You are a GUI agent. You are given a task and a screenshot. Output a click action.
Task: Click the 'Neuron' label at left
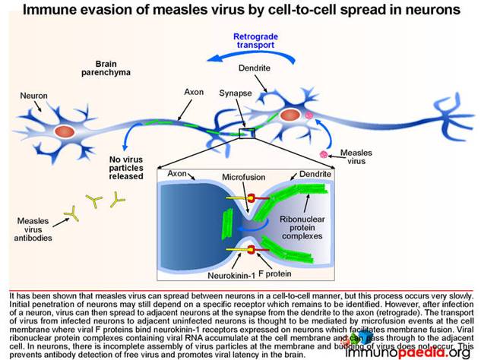[x=33, y=96]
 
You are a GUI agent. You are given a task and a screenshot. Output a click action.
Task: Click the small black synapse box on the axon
[x=246, y=134]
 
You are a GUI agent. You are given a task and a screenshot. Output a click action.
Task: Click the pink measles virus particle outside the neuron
[x=325, y=154]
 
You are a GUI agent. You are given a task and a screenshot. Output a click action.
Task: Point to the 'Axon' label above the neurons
[x=194, y=91]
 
